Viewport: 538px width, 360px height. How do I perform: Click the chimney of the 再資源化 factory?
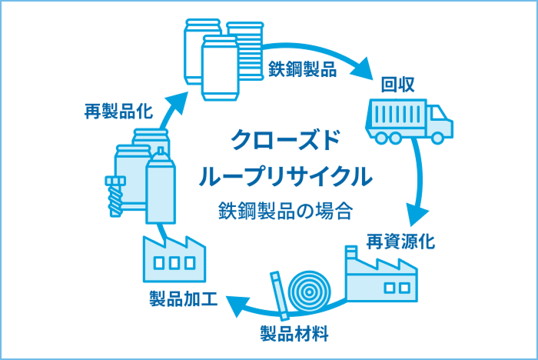pos(351,255)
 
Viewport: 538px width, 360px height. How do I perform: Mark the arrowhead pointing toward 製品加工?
pos(234,306)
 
